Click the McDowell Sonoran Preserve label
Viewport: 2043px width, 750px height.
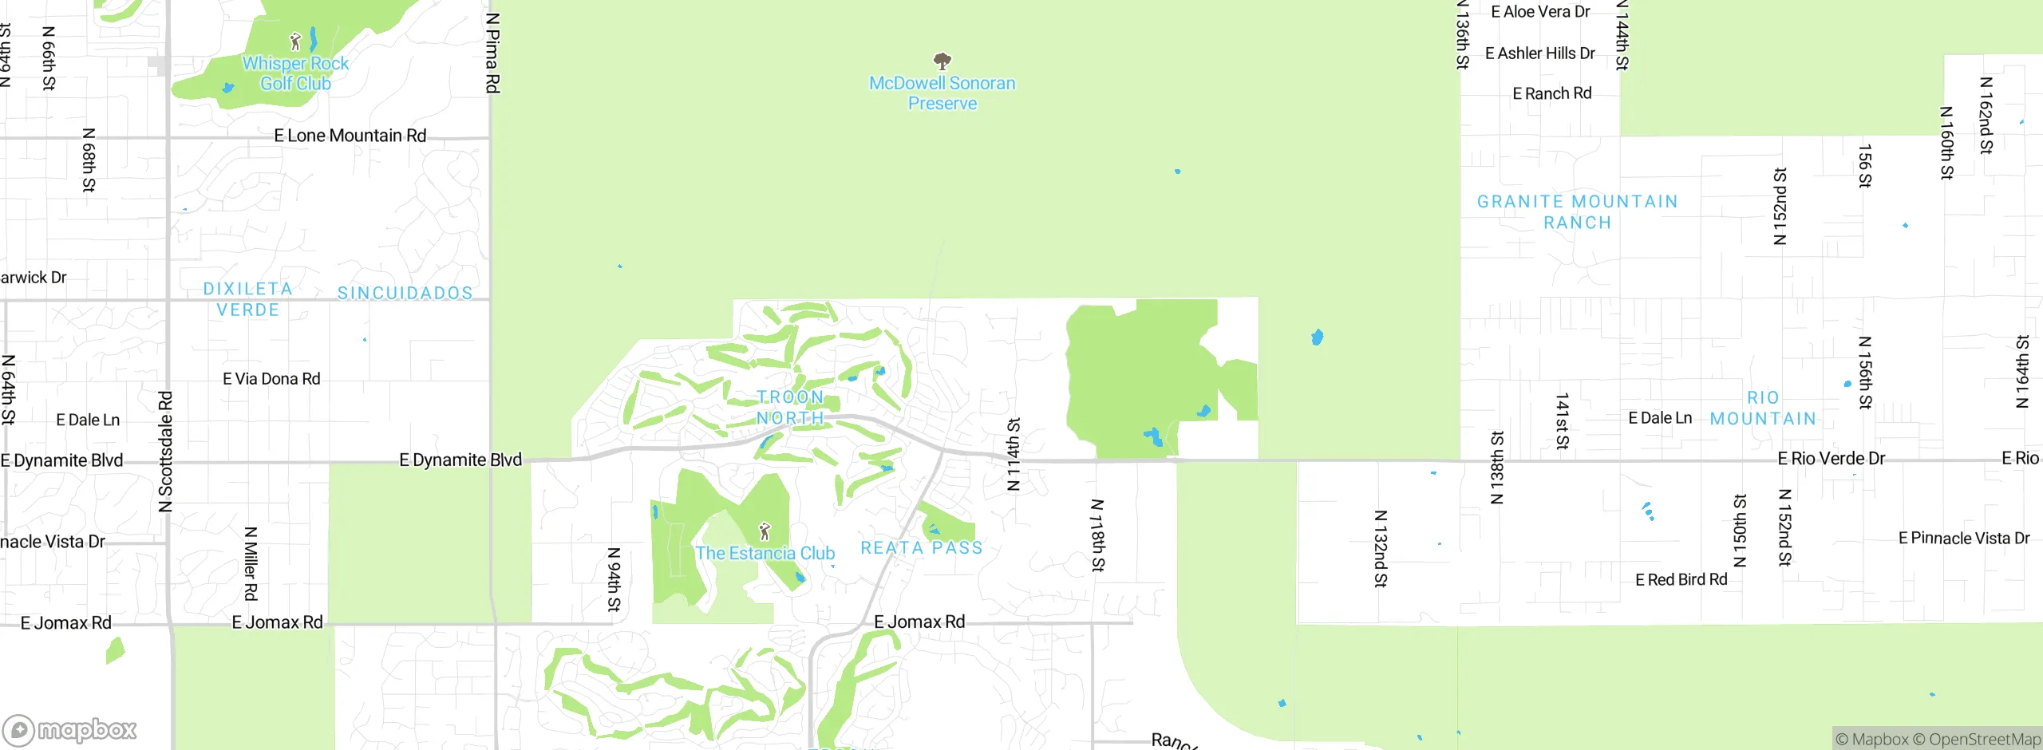point(942,93)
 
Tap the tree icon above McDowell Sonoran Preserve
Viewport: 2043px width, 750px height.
point(942,61)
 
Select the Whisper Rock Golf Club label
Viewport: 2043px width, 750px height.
point(295,73)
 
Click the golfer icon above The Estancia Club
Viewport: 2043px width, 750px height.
point(765,531)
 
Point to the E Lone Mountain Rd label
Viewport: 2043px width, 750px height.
point(350,136)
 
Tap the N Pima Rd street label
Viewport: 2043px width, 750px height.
point(492,53)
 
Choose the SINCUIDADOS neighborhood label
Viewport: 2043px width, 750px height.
point(405,294)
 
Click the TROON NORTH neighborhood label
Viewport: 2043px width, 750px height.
point(790,408)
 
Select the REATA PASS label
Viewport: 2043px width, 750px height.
point(921,548)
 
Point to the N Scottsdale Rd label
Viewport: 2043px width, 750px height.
point(165,452)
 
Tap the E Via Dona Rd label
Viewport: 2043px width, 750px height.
point(271,379)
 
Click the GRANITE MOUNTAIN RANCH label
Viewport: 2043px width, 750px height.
point(1577,212)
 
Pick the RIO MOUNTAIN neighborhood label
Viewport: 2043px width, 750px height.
point(1763,409)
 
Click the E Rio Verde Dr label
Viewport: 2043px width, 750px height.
point(1831,459)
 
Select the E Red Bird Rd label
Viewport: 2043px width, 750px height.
point(1681,580)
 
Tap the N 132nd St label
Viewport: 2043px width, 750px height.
point(1381,549)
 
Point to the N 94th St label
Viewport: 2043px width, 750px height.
point(614,579)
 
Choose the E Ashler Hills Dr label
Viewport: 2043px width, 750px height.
point(1539,53)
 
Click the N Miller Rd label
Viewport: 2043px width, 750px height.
point(251,563)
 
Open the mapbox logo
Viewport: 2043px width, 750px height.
point(70,729)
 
